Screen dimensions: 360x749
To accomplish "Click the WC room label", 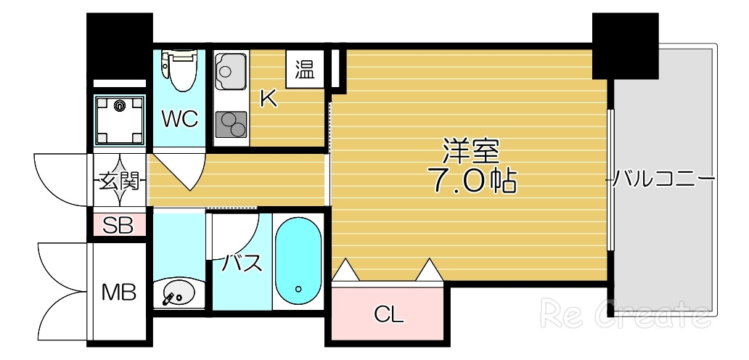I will pyautogui.click(x=180, y=119).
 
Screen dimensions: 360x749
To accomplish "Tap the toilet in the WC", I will pyautogui.click(x=179, y=70).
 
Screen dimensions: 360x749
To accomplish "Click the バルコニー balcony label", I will pyautogui.click(x=664, y=178).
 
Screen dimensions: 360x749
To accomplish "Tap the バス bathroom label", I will pyautogui.click(x=241, y=263).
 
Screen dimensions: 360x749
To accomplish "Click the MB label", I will pyautogui.click(x=118, y=292).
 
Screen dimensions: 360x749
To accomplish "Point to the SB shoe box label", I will pyautogui.click(x=118, y=225).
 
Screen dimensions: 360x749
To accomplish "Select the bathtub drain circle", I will pyautogui.click(x=298, y=289).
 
